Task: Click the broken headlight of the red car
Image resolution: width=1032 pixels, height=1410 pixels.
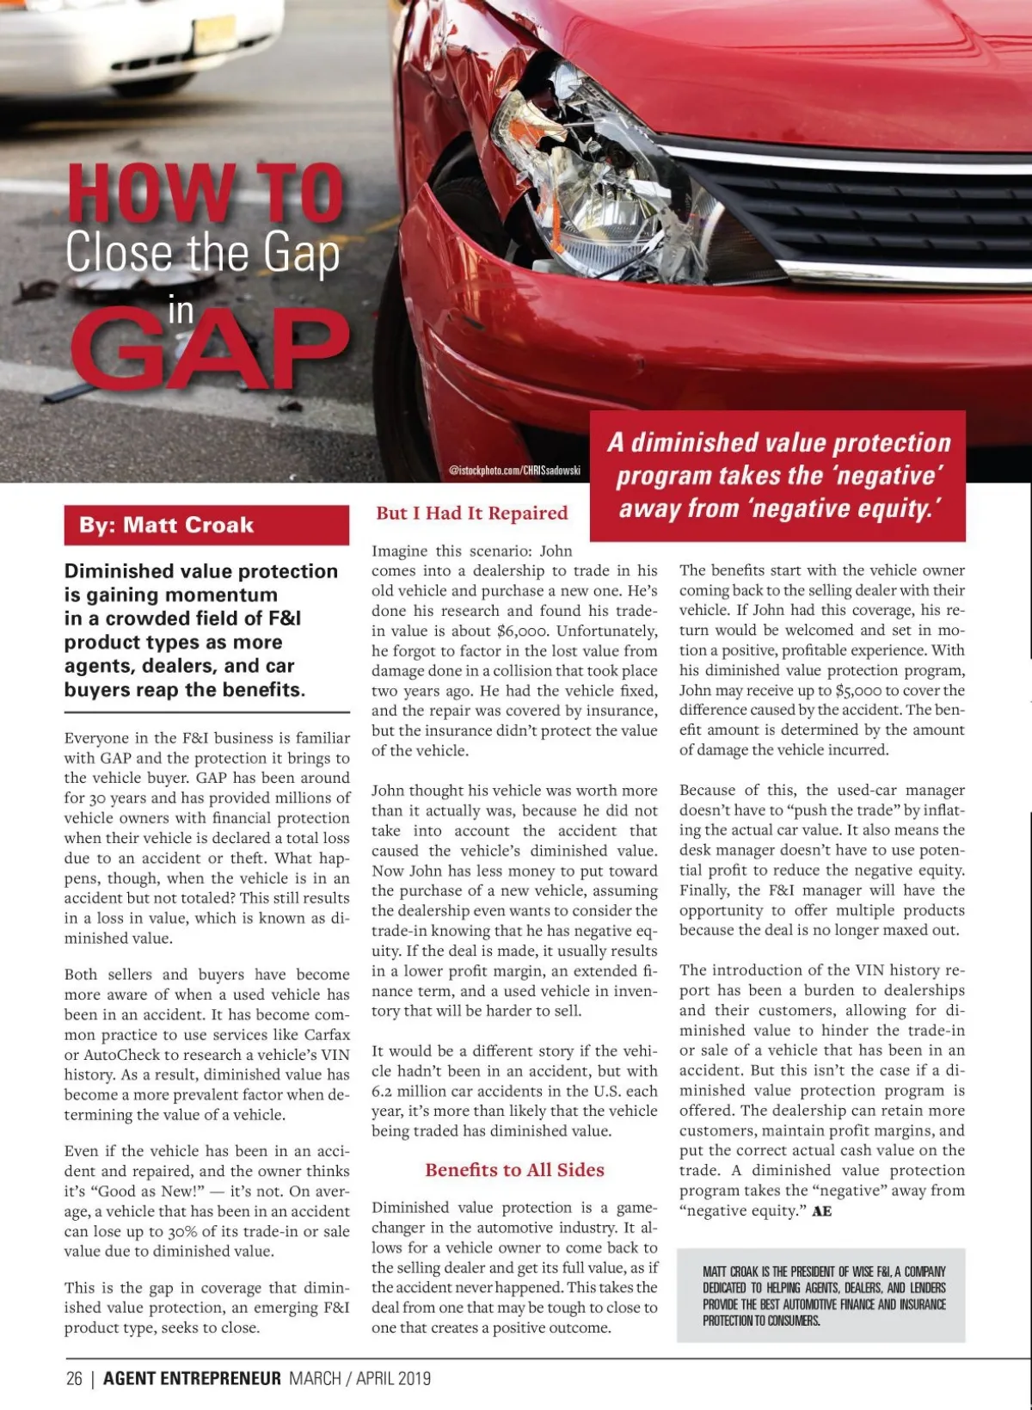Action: pos(602,172)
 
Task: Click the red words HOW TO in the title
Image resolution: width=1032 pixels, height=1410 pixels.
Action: pos(206,193)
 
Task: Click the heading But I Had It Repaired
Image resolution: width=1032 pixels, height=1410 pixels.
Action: pos(471,514)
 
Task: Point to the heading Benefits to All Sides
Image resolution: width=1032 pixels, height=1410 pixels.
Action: pos(514,1170)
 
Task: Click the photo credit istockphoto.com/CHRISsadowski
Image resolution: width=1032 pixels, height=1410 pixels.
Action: pos(514,471)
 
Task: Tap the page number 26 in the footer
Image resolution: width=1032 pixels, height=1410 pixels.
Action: pos(74,1378)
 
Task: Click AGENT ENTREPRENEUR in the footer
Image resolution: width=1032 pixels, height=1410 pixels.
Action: pos(192,1378)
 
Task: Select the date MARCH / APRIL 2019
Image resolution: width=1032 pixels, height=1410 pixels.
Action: pos(359,1378)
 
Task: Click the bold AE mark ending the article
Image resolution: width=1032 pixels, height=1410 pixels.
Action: pos(821,1211)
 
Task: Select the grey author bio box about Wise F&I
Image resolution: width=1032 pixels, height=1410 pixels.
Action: pos(820,1295)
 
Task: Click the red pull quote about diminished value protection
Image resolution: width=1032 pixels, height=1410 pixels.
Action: pos(778,476)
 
